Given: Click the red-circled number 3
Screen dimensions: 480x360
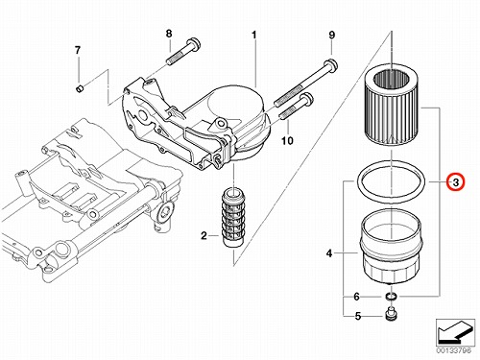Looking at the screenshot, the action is tap(456, 182).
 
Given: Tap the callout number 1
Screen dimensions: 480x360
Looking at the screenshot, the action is tap(254, 35).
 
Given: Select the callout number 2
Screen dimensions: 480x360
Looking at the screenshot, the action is tap(204, 236).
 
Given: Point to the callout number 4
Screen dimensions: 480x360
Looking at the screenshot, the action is tap(329, 253).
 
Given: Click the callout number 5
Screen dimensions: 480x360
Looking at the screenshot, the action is tap(358, 316).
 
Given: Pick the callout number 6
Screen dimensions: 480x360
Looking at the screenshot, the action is tap(356, 297).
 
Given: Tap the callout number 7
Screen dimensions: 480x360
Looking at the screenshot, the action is tap(78, 50).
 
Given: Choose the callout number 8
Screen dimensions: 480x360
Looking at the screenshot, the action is tap(169, 34).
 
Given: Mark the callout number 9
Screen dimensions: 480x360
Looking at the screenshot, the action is tap(331, 35).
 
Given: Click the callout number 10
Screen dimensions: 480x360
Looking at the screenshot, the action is tap(287, 140).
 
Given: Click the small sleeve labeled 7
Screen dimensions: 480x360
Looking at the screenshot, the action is tap(80, 88).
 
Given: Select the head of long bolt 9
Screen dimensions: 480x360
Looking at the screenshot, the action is tap(331, 65).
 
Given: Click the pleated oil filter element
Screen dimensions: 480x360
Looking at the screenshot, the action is tap(392, 108).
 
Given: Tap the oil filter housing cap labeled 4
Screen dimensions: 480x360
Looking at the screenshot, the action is tap(391, 247).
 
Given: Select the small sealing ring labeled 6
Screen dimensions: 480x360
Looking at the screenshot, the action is tap(391, 297).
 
